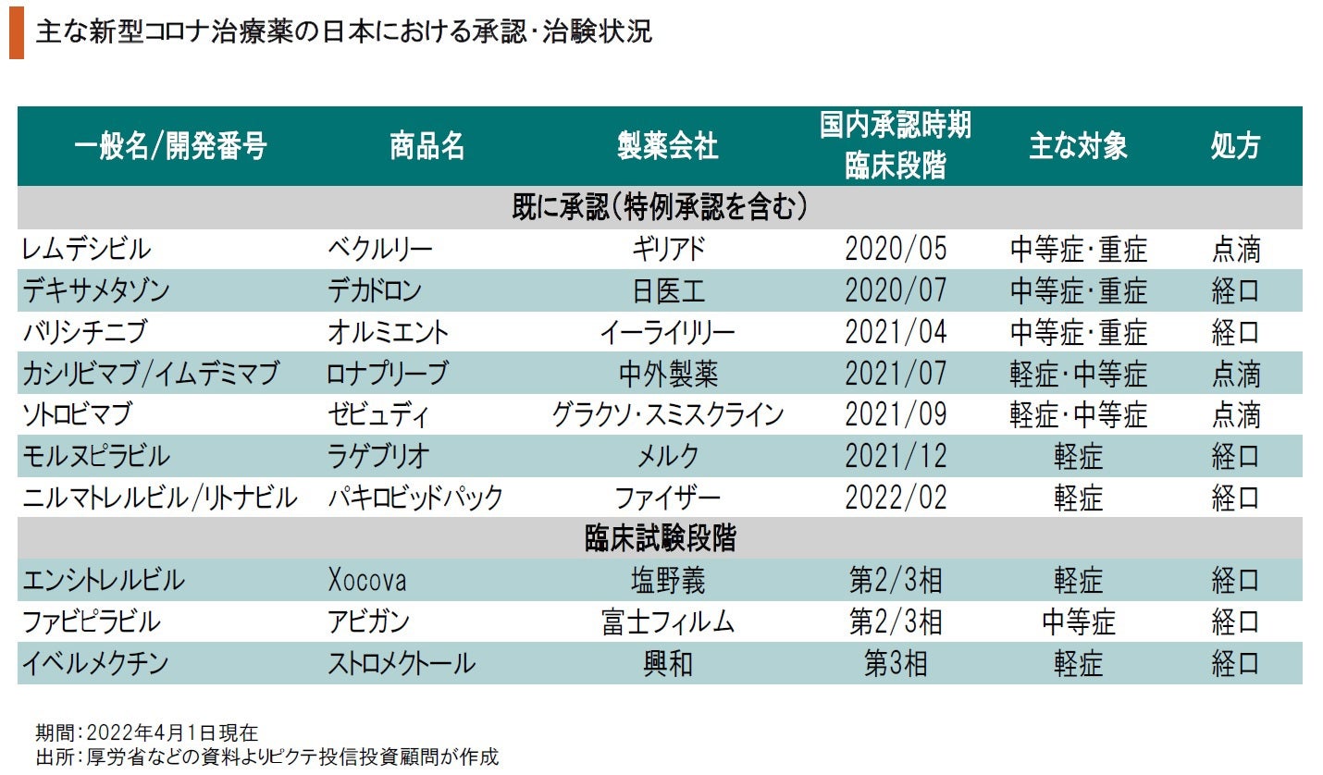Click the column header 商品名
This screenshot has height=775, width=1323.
(427, 146)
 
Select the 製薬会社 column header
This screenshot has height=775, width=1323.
(667, 146)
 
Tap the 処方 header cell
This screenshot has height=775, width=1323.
(1235, 146)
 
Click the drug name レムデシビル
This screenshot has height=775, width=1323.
(88, 250)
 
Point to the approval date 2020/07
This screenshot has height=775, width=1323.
(896, 291)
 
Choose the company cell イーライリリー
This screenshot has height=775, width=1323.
(667, 333)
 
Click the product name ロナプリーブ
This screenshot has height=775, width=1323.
(388, 375)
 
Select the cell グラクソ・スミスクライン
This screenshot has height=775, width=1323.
(667, 415)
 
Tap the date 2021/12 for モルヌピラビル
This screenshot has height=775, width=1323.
(896, 457)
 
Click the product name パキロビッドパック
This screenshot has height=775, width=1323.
(415, 498)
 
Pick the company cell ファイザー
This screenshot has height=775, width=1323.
(667, 498)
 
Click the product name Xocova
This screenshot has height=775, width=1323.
(367, 581)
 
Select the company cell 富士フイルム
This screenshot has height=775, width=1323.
(667, 622)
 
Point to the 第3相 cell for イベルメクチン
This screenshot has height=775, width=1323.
(896, 664)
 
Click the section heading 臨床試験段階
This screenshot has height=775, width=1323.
(661, 539)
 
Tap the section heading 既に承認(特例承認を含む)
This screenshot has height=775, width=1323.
(661, 208)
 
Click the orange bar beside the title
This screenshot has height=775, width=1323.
(16, 33)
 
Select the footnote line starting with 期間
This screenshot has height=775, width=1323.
(147, 732)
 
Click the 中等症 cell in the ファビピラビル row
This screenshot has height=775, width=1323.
(1078, 622)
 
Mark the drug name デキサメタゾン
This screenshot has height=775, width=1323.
(96, 291)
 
